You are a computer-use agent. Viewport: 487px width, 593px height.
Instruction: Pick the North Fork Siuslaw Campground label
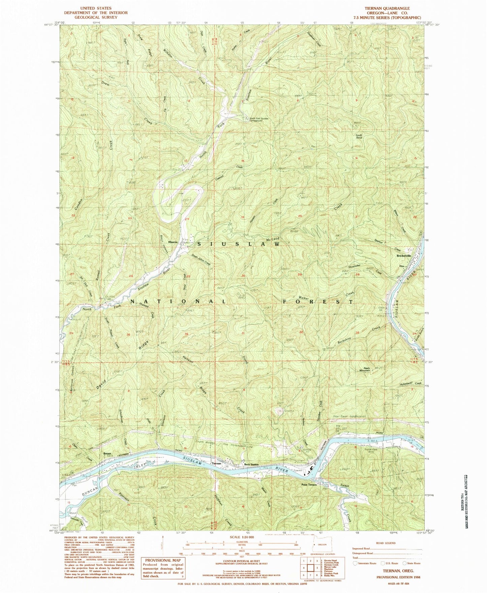tap(259, 120)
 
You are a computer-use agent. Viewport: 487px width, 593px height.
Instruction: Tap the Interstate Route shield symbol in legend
tap(355, 563)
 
